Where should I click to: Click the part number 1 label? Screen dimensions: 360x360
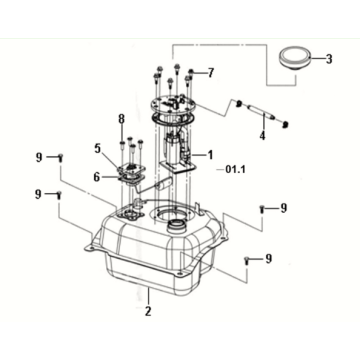click(210, 154)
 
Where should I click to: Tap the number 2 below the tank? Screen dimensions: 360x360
click(148, 311)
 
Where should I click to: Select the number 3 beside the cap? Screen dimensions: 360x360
click(329, 59)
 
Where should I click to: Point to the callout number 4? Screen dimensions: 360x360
click(263, 136)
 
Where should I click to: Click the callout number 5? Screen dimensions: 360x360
click(97, 148)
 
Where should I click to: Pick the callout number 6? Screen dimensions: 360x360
click(96, 177)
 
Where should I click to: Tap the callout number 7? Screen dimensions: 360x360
click(210, 73)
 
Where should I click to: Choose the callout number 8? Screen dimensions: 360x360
click(121, 119)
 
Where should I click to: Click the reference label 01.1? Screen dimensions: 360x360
click(235, 170)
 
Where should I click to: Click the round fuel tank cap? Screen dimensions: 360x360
click(295, 59)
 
